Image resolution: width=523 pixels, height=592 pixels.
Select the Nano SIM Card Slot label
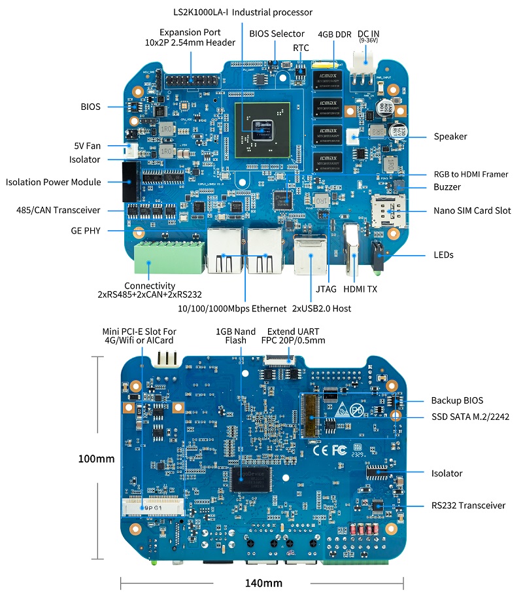[x=472, y=211]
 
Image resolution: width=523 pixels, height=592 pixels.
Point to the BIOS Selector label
[x=277, y=33]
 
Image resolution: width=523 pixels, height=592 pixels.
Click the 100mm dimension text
[x=96, y=459]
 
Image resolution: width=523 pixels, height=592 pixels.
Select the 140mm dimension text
[x=263, y=582]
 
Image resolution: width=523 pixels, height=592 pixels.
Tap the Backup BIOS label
[x=457, y=400]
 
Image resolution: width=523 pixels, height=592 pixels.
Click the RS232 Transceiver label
[x=468, y=505]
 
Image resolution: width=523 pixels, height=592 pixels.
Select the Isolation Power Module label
[x=54, y=182]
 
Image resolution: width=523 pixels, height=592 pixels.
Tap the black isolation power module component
[x=128, y=181]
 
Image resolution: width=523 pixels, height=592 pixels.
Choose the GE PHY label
[x=86, y=230]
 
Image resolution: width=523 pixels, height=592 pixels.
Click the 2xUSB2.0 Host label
[x=322, y=308]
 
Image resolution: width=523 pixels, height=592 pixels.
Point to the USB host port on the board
[x=311, y=254]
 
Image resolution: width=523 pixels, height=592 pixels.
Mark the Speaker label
[x=450, y=137]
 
